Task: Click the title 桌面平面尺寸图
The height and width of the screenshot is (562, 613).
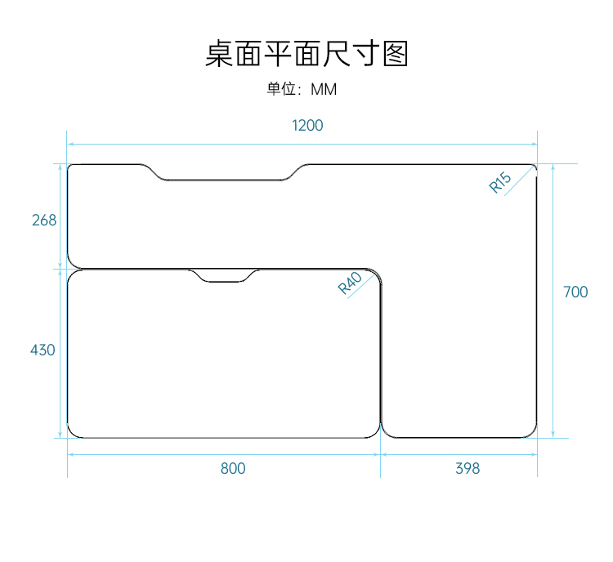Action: (306, 54)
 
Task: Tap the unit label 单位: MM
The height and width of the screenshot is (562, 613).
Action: (302, 89)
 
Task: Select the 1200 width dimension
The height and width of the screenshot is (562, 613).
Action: (308, 126)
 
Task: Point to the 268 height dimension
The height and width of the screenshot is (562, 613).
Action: (44, 221)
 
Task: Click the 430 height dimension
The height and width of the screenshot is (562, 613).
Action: (43, 350)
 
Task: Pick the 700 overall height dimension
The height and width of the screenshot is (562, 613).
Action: (575, 292)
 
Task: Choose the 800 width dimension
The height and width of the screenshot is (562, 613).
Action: (233, 469)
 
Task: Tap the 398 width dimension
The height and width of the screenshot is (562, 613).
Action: (468, 469)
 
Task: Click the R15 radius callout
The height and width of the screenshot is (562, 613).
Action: (500, 183)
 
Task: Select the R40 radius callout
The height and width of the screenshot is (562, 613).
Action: (350, 283)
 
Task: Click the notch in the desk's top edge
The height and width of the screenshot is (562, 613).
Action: (228, 174)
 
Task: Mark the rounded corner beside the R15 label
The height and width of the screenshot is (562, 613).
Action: (533, 168)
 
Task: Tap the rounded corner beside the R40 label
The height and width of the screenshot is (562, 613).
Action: (376, 275)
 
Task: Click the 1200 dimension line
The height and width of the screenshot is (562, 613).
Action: (204, 144)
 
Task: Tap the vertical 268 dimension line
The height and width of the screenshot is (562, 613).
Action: (60, 188)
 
